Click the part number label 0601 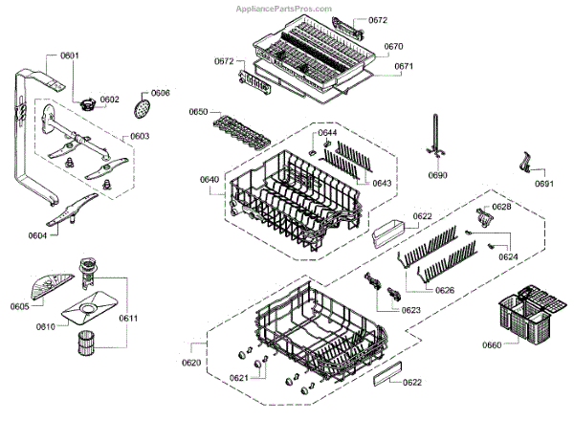(x=70, y=55)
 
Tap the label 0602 (x=110, y=100)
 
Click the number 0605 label (x=20, y=306)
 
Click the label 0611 (x=128, y=317)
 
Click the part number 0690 (x=437, y=176)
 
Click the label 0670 (x=394, y=46)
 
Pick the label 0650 (x=199, y=113)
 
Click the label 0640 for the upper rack (x=210, y=179)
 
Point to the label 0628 (x=501, y=208)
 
